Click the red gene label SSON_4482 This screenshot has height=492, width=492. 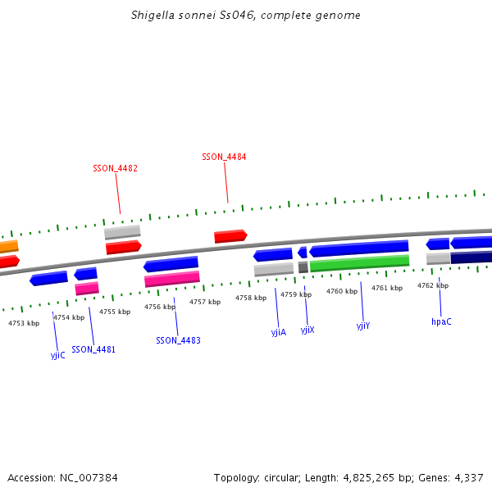(115, 168)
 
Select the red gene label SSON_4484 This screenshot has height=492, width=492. (224, 157)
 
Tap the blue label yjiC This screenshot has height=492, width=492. (57, 355)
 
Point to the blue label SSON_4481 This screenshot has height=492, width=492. (93, 349)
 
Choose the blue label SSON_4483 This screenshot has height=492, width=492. (178, 340)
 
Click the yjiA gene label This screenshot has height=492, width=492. (279, 332)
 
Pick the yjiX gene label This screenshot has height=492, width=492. (307, 330)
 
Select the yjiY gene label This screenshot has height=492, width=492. (363, 326)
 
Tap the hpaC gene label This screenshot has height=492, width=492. (441, 321)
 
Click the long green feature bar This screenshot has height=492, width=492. (359, 262)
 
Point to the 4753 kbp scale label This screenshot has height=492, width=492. (24, 323)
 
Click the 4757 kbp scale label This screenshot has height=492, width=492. (205, 302)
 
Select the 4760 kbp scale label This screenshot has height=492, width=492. (342, 291)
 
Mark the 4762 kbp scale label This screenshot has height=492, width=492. (432, 285)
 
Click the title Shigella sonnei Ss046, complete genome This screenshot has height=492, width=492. (246, 16)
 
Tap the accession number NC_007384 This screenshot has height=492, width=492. (89, 477)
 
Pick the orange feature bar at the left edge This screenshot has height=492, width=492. (8, 246)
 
